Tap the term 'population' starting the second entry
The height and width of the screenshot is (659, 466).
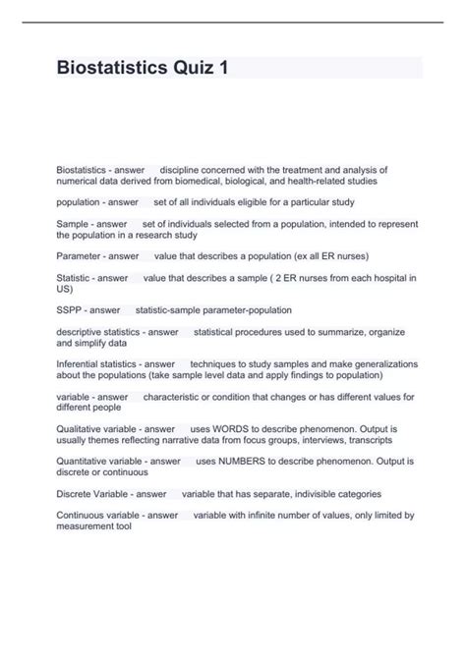[80, 201]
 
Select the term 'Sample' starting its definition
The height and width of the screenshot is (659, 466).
[73, 225]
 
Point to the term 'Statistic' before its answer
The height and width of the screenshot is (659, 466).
[75, 279]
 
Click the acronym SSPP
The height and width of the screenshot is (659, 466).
[71, 309]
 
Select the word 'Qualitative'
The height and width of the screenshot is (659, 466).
[80, 429]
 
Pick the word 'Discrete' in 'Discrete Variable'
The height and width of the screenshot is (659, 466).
[76, 493]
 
